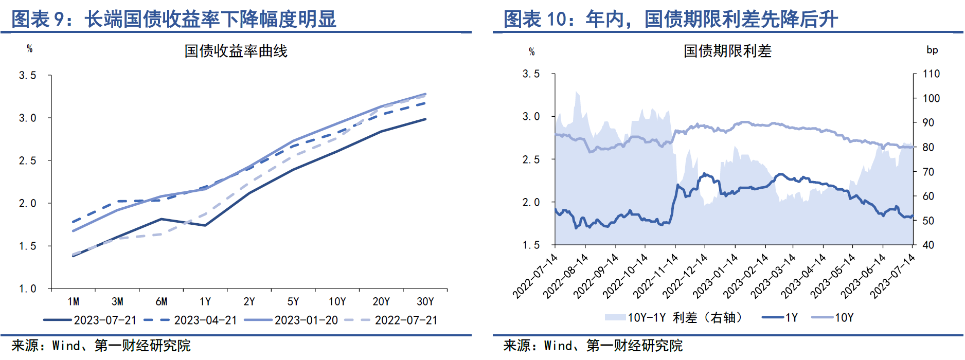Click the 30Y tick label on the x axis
(425, 301)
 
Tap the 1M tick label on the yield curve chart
(73, 301)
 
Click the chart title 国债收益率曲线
(236, 51)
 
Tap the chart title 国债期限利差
(727, 51)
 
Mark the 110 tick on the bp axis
(931, 74)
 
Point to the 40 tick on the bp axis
(928, 245)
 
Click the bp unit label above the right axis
(932, 50)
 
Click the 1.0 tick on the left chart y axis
(28, 289)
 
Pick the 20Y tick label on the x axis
(381, 301)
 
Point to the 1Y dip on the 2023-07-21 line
(205, 225)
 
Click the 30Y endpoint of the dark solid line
(425, 119)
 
